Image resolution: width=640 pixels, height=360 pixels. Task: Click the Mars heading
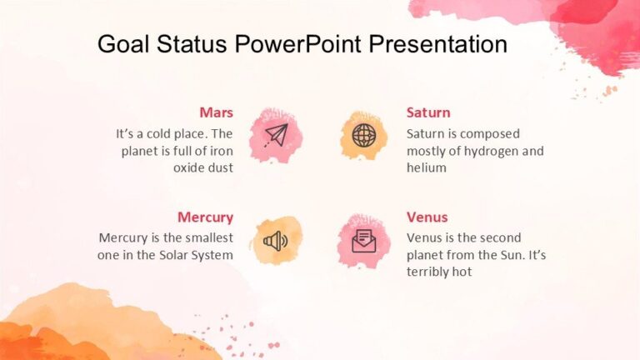[x=216, y=112]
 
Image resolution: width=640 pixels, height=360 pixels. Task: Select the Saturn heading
[x=428, y=112]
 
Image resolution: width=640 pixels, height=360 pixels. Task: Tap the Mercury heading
[x=205, y=217]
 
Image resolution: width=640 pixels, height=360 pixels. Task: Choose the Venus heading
[x=427, y=217]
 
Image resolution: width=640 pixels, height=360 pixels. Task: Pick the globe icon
[x=364, y=135]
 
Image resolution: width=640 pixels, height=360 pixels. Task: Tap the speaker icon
[x=275, y=241]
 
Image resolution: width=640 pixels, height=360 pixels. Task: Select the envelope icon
[x=364, y=241]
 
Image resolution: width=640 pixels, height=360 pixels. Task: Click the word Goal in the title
[x=122, y=44]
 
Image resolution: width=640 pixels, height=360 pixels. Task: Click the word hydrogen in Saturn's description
[x=489, y=151]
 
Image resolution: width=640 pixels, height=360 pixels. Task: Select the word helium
[x=427, y=167]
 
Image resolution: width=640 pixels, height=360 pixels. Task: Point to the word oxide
[x=188, y=167]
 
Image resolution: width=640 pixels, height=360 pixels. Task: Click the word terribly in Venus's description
[x=429, y=272]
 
